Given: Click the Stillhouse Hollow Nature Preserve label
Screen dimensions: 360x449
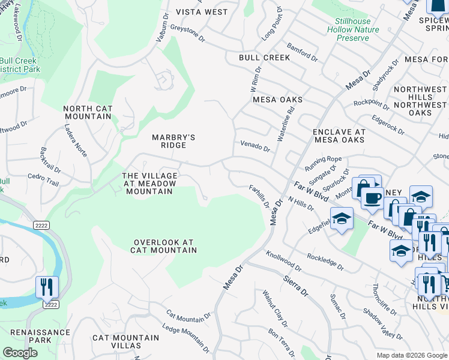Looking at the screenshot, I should [357, 29].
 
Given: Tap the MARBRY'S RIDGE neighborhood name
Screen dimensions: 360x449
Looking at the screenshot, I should [173, 141].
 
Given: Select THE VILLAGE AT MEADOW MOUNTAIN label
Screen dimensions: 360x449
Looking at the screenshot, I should [149, 183].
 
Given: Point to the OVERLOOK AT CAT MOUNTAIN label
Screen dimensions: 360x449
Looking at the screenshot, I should [164, 246].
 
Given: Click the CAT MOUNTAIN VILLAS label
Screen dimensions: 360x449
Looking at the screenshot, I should [125, 341].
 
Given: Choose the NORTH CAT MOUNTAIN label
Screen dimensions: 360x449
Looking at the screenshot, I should [88, 112].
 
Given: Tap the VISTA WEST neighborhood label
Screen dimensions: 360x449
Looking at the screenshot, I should [202, 12].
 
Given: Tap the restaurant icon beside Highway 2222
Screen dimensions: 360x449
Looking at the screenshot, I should [46, 287].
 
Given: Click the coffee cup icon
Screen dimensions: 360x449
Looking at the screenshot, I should [372, 197].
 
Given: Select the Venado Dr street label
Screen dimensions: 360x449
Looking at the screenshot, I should [255, 146].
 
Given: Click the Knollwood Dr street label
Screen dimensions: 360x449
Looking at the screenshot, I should [283, 261].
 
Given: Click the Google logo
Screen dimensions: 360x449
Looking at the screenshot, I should [20, 353].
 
